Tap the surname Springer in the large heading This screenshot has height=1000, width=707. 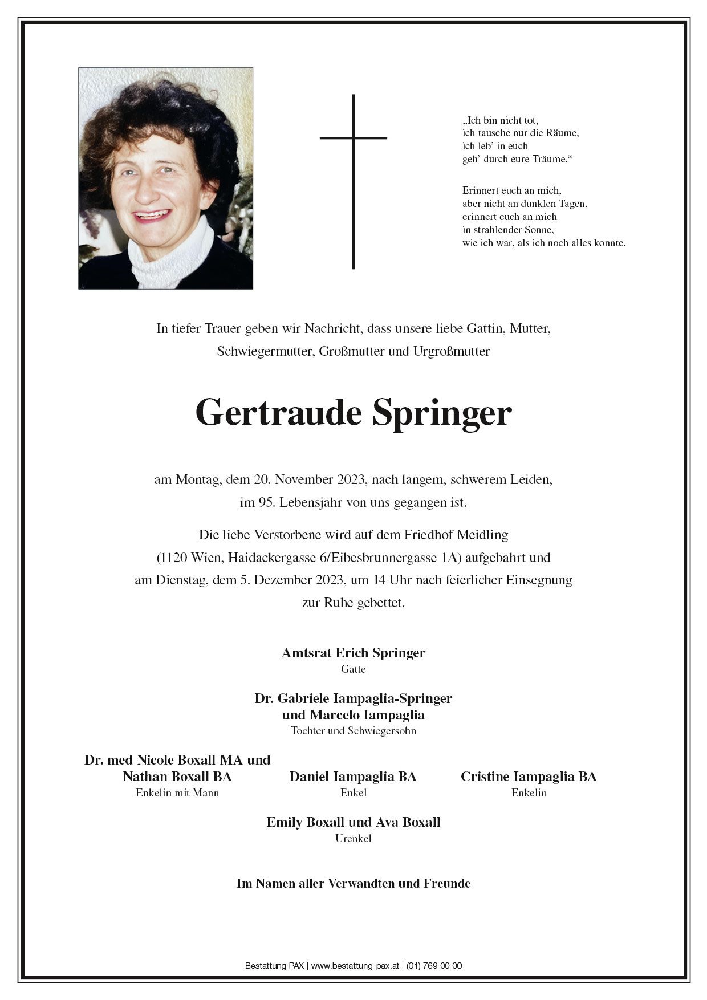point(442,413)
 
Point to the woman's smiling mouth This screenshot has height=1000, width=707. point(153,216)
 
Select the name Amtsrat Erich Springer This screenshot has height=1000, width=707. point(353,653)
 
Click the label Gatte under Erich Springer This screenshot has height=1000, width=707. point(353,669)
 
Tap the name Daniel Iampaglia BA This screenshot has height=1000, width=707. point(352,777)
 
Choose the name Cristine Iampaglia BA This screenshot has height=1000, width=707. point(529,777)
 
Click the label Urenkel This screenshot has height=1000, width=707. point(353,839)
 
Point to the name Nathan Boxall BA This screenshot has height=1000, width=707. point(177,777)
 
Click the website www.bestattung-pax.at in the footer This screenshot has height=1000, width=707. point(356,966)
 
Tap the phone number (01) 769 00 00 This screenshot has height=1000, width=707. point(434,966)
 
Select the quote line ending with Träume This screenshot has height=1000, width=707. point(517,160)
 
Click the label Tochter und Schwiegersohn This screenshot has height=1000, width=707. point(353,731)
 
